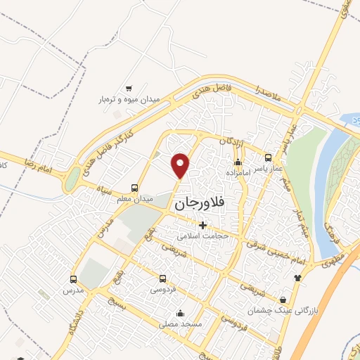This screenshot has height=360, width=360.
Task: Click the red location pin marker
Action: pyautogui.click(x=181, y=165)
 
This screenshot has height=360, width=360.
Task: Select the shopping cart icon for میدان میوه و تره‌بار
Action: pyautogui.click(x=129, y=89)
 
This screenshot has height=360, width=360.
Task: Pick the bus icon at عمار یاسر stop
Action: pyautogui.click(x=268, y=156)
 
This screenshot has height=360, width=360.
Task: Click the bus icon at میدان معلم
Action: pyautogui.click(x=134, y=188)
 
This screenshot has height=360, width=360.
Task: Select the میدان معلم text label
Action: pyautogui.click(x=134, y=200)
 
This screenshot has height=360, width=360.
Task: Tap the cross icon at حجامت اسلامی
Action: pyautogui.click(x=203, y=225)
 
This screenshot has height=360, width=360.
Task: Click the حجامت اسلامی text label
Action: pyautogui.click(x=203, y=236)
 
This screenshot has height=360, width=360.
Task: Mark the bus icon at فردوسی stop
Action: pyautogui.click(x=163, y=278)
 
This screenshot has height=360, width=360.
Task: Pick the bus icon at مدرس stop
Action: pyautogui.click(x=75, y=279)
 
